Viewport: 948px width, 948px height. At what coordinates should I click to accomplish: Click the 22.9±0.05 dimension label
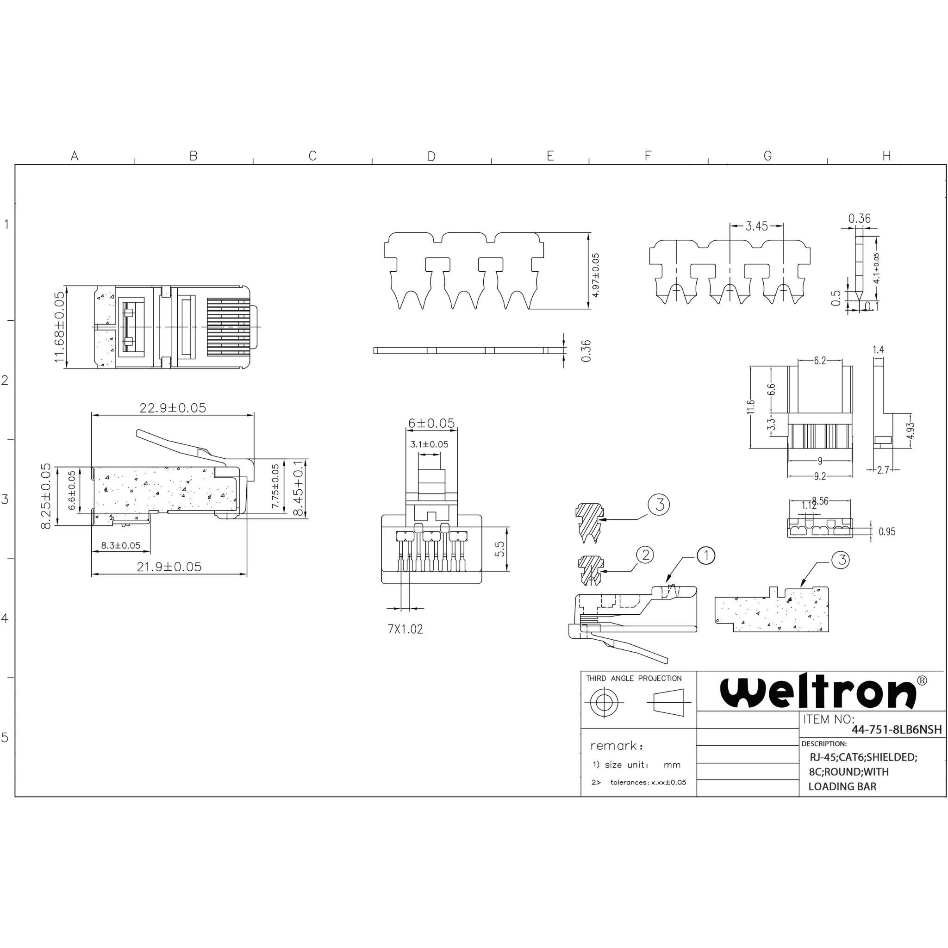[173, 408]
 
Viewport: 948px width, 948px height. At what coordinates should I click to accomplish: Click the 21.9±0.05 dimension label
[169, 567]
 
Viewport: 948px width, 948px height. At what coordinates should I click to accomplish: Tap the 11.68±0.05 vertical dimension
[59, 327]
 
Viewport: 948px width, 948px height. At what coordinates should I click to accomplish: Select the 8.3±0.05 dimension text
[121, 545]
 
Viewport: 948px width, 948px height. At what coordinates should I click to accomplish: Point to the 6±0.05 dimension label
[431, 423]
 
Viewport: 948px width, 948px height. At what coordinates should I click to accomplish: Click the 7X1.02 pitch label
[405, 629]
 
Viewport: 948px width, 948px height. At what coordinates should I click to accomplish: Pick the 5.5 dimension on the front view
[499, 549]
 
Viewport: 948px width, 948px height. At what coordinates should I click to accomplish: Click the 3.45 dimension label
[757, 226]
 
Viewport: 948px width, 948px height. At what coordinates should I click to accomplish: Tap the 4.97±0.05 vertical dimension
[595, 275]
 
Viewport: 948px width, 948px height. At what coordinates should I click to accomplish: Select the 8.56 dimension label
[820, 501]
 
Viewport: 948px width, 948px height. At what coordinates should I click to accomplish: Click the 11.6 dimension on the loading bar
[751, 407]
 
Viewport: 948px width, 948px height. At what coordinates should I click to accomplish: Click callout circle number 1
[705, 555]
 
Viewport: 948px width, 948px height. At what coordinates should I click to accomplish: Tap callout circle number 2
[645, 555]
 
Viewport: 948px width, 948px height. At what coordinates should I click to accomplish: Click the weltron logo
[818, 692]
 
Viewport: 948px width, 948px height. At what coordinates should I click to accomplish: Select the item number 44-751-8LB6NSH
[897, 730]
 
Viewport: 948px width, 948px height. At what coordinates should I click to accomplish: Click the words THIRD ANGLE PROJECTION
[634, 678]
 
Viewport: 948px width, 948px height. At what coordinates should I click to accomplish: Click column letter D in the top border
[431, 156]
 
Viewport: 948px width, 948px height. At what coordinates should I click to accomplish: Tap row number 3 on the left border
[6, 499]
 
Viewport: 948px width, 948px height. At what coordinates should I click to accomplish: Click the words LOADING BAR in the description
[842, 786]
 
